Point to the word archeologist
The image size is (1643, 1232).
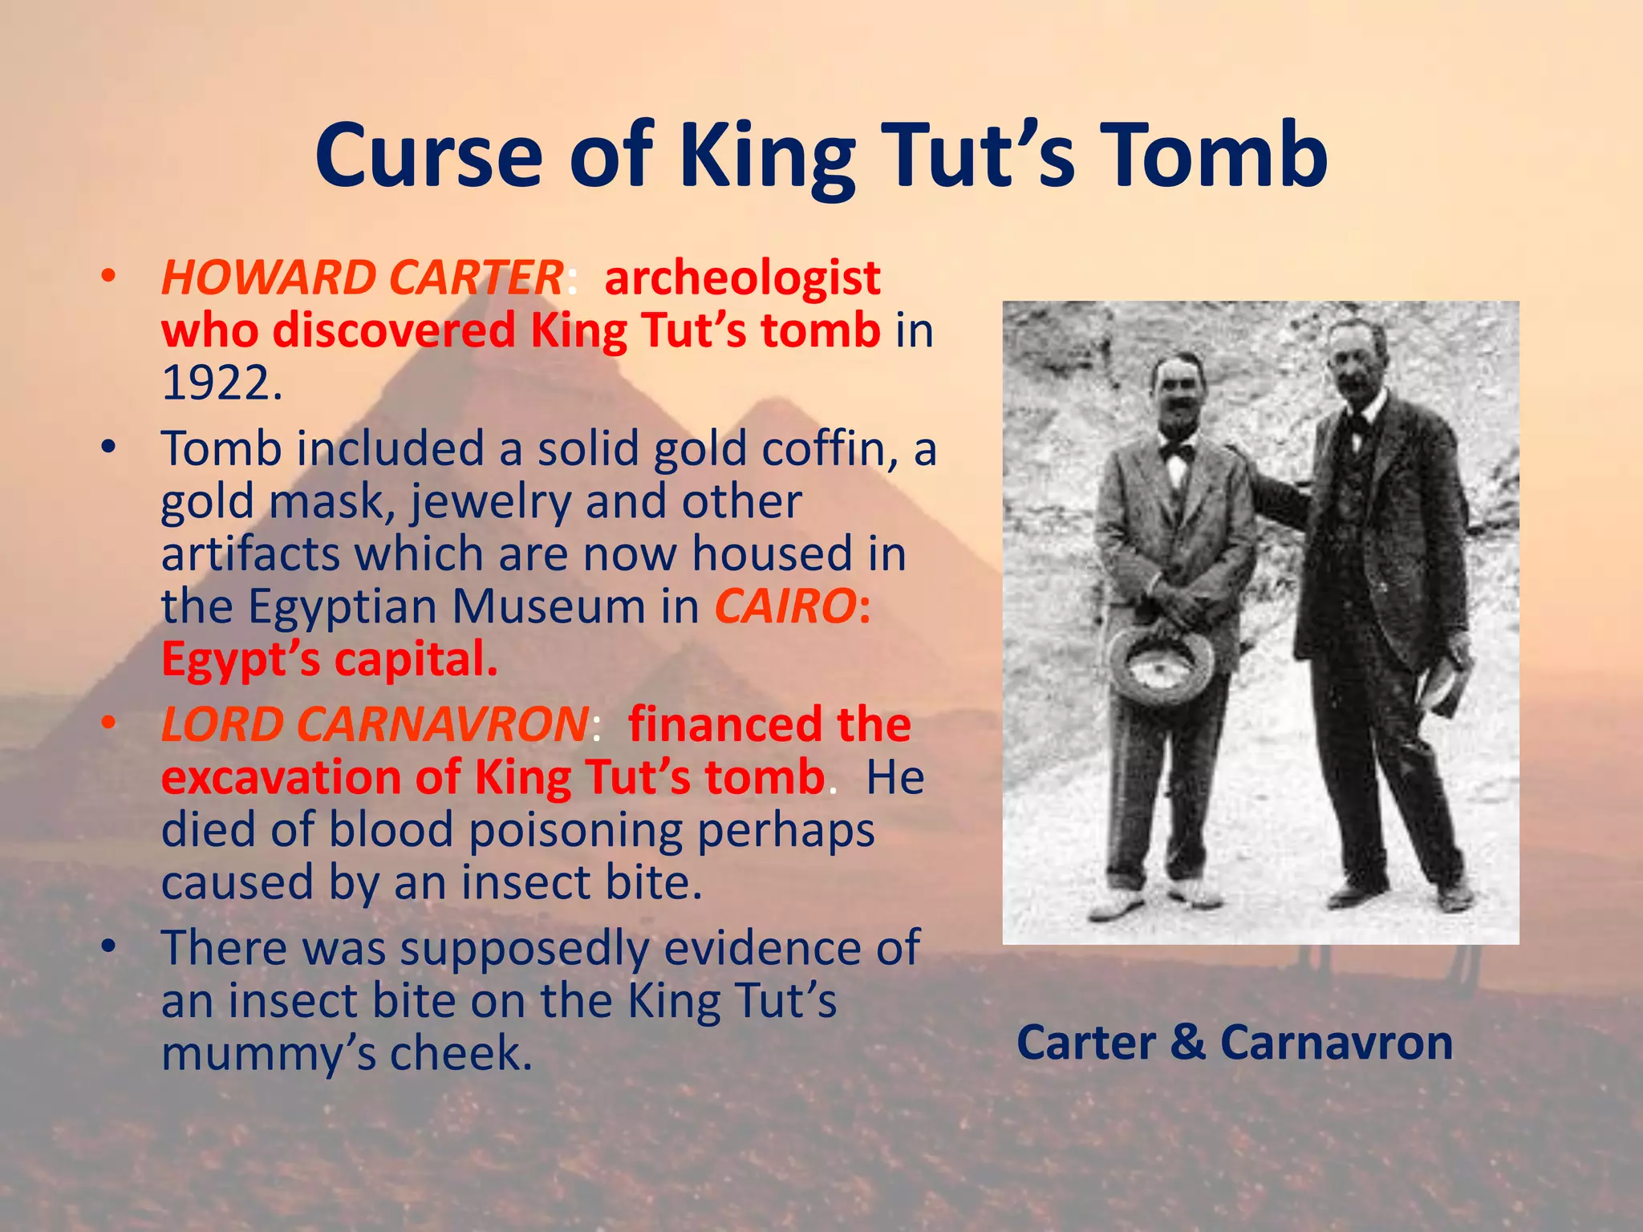742,279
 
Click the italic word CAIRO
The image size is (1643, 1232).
785,606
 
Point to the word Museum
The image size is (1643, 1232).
548,606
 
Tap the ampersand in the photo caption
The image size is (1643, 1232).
1187,1042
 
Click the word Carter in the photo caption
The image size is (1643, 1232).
1086,1043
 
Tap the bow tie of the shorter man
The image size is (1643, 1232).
1177,451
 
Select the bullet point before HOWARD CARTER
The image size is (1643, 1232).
109,278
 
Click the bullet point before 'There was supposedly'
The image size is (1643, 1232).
109,947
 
